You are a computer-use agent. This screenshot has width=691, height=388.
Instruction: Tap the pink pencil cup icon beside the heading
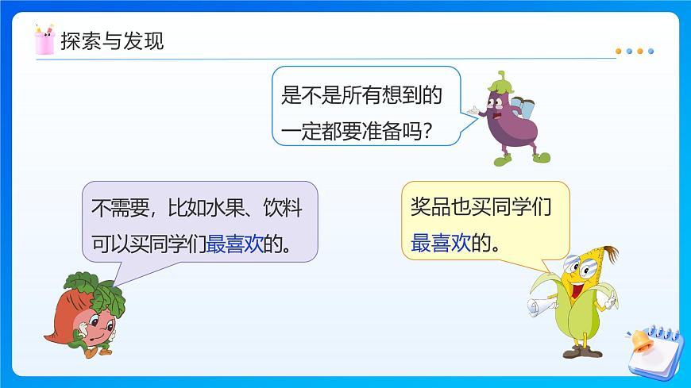click(44, 40)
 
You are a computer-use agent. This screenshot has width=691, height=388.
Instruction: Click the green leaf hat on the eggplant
click(502, 81)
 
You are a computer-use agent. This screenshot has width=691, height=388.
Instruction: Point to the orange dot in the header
click(620, 52)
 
